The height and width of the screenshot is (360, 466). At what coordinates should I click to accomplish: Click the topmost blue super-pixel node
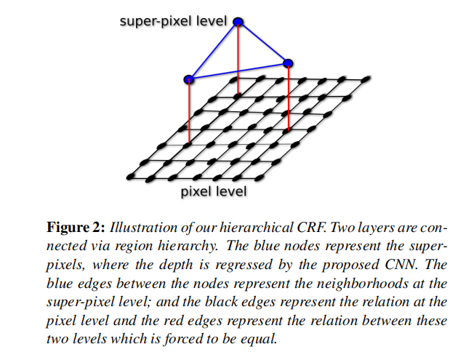click(238, 23)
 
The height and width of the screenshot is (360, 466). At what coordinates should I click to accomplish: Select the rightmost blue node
click(288, 63)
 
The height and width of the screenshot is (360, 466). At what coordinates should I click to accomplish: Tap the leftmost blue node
click(189, 78)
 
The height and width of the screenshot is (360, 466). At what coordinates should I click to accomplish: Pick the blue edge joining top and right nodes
click(262, 43)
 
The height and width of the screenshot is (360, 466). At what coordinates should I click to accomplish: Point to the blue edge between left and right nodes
click(238, 71)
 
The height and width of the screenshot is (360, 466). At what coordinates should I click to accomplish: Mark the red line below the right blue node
click(289, 98)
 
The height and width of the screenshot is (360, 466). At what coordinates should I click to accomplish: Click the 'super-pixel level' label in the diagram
click(174, 20)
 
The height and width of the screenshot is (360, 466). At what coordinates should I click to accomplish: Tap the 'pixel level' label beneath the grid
click(213, 192)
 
